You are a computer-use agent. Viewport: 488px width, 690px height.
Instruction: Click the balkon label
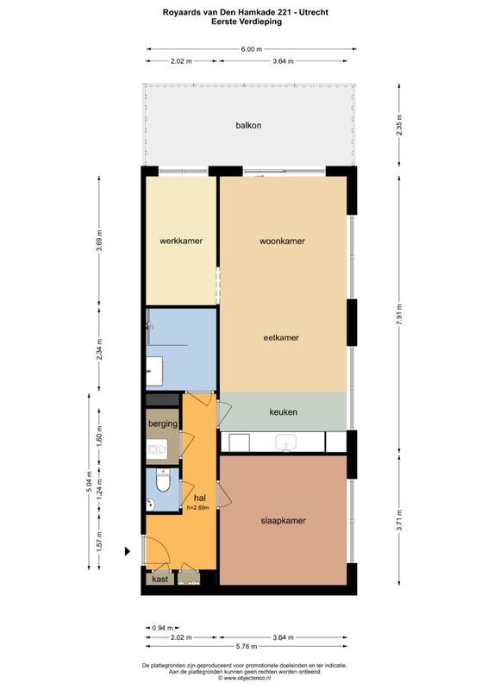[x=248, y=126]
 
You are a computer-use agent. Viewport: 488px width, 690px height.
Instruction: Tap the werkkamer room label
[x=181, y=241]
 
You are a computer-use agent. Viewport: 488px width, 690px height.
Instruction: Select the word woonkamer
[x=283, y=241]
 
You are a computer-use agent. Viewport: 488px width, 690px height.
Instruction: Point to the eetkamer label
[x=281, y=337]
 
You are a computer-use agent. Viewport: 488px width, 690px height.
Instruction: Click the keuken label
[x=283, y=412]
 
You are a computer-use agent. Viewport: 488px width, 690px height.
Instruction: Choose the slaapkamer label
[x=284, y=521]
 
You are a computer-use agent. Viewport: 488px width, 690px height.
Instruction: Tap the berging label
[x=162, y=424]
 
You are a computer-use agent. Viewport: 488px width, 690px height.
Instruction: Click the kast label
[x=160, y=580]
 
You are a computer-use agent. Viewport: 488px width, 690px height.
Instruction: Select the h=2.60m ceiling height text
[x=198, y=508]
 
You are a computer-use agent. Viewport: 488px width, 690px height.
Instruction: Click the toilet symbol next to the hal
[x=165, y=480]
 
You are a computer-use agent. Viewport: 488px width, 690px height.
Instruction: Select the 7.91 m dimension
[x=399, y=317]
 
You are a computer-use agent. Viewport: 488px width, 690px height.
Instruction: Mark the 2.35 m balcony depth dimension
[x=399, y=125]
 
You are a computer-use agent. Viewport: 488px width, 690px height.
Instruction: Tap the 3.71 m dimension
[x=399, y=521]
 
